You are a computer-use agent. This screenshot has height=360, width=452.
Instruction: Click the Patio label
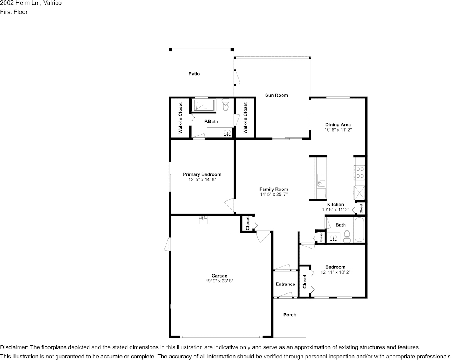tap(194, 74)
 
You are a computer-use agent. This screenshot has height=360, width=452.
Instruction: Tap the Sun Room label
tap(277, 95)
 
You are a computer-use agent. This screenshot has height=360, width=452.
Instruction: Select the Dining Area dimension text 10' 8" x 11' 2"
tap(338, 130)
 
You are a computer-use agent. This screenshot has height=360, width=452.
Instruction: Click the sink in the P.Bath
tap(228, 133)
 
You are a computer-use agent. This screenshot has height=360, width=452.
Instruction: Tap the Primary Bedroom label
tap(202, 174)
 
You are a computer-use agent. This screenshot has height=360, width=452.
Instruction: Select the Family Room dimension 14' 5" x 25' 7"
tap(274, 194)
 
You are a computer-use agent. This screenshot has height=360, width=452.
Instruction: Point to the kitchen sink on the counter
tap(321, 180)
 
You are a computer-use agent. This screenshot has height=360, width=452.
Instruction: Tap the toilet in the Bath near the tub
tap(347, 236)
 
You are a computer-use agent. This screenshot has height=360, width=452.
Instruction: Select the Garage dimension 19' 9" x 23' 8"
tap(220, 281)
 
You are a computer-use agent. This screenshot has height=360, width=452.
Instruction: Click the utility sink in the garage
tap(203, 220)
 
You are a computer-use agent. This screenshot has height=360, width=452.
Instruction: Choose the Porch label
tap(290, 315)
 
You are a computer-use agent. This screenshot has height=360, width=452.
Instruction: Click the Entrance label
tap(285, 284)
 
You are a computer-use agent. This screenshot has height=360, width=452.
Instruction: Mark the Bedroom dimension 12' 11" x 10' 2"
tap(336, 272)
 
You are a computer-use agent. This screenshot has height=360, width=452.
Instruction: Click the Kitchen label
tap(336, 205)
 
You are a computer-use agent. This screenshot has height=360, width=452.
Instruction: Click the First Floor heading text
tap(14, 12)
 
